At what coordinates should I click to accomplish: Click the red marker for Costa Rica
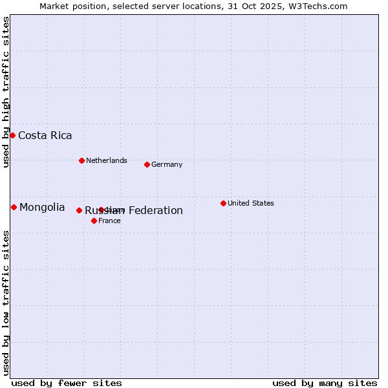click(12, 135)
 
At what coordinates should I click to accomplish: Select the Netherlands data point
click(81, 160)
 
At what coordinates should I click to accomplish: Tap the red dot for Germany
click(147, 164)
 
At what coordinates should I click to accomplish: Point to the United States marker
click(223, 203)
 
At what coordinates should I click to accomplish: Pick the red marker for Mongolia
click(14, 207)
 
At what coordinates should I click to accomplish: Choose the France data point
click(94, 221)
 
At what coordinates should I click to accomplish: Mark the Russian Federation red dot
click(79, 210)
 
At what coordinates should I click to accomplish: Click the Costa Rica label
click(45, 135)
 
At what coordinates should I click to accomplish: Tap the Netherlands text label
click(106, 160)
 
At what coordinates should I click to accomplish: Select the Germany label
click(167, 164)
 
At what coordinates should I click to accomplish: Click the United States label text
click(250, 203)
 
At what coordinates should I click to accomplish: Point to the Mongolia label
click(42, 207)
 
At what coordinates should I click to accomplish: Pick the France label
click(109, 221)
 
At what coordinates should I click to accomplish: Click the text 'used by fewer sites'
click(67, 383)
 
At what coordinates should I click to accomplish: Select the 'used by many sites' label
click(325, 383)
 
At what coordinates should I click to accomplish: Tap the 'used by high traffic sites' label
click(6, 92)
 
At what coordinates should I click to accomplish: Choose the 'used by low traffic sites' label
click(6, 303)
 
